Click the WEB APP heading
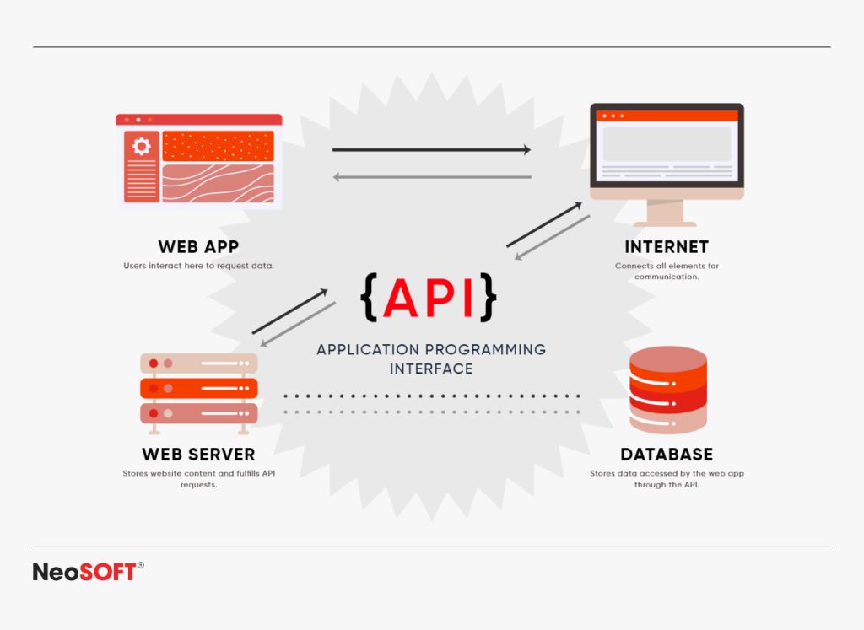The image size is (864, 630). tap(198, 246)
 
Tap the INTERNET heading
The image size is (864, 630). tap(666, 246)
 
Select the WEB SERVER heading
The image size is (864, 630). tap(198, 454)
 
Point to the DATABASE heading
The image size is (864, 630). tap(666, 454)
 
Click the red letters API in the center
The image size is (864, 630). tap(430, 297)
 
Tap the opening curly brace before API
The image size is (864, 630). tap(369, 297)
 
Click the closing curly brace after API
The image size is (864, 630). tap(488, 297)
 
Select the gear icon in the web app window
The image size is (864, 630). tap(141, 147)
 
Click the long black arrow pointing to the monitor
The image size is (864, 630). tap(431, 150)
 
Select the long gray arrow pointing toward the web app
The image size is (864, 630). tap(431, 177)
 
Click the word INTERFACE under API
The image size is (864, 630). tap(431, 369)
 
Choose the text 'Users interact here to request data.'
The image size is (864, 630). tap(198, 266)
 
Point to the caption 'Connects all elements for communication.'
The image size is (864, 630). tap(666, 271)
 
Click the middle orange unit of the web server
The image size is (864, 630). tap(198, 388)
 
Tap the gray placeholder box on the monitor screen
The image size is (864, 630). tap(667, 144)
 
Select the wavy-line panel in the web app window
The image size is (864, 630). tap(218, 183)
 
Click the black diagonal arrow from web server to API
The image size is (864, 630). tap(289, 311)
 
